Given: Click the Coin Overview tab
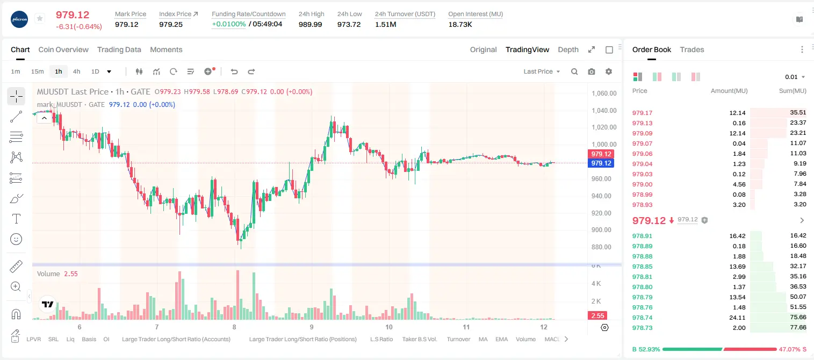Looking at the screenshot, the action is (x=63, y=49).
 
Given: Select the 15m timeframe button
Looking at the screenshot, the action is (x=37, y=71).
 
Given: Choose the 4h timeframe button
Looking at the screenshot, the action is (x=76, y=71).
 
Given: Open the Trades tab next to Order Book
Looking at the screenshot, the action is (x=691, y=49).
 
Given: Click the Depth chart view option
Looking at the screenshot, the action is (x=568, y=49).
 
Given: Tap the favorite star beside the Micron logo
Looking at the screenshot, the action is (x=40, y=18).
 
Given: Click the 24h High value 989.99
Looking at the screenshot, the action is (x=311, y=24).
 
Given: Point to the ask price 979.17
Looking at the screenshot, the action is (x=642, y=113).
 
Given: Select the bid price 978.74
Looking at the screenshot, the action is (x=642, y=318).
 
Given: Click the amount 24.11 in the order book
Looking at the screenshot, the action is (x=737, y=318).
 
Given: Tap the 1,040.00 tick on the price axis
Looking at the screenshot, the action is (x=604, y=111).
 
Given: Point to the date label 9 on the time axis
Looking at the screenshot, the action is (x=312, y=327).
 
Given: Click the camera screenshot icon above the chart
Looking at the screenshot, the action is (x=592, y=71).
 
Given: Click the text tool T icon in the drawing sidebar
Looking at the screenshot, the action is (x=16, y=219).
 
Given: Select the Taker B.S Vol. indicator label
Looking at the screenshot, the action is (x=419, y=339).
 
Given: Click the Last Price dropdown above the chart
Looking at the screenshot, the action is (x=542, y=71).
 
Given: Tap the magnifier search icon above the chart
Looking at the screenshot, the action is (x=574, y=71).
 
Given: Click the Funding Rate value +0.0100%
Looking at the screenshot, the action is (x=228, y=24).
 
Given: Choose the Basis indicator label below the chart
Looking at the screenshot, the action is (x=89, y=339).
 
